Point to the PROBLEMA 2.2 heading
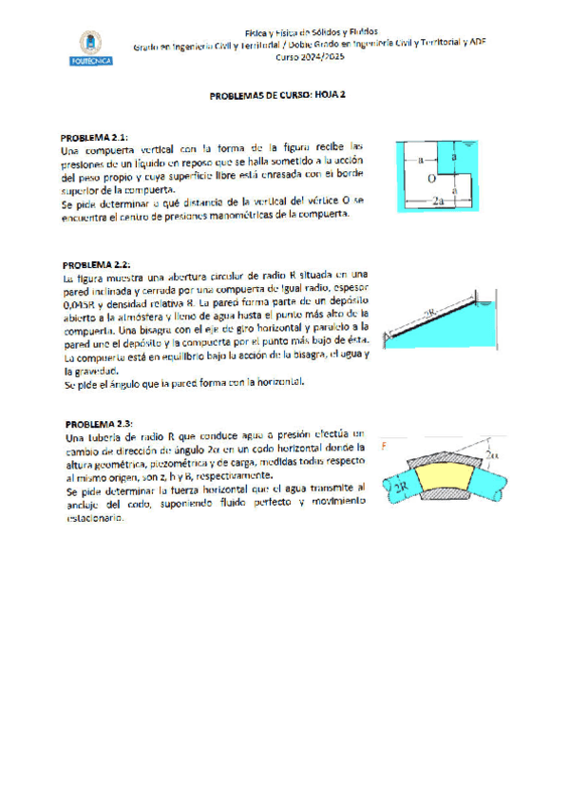click(x=96, y=263)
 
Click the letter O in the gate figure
click(x=431, y=178)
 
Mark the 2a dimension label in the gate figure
click(x=438, y=201)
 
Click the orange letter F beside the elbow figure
click(x=384, y=445)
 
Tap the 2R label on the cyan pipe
click(x=400, y=486)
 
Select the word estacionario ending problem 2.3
click(x=92, y=519)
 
